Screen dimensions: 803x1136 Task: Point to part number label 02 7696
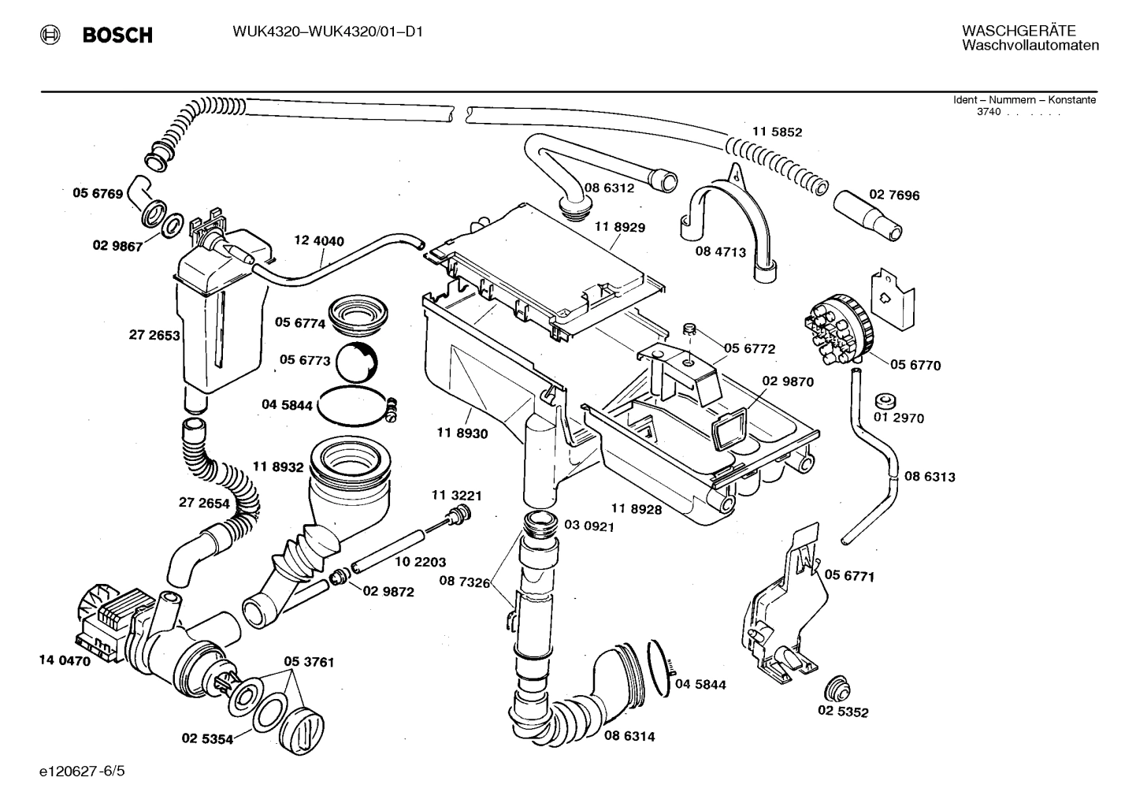[894, 195]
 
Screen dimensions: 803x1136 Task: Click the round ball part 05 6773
[356, 364]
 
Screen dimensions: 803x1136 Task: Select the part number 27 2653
[154, 335]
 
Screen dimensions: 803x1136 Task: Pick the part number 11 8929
[619, 227]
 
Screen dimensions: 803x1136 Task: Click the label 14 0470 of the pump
[65, 661]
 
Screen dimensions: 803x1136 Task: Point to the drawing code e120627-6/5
[81, 770]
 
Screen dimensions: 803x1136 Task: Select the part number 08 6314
[629, 736]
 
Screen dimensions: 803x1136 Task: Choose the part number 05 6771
[849, 576]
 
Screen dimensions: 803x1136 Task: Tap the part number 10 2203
[420, 562]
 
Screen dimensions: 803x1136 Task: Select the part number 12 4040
[319, 241]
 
